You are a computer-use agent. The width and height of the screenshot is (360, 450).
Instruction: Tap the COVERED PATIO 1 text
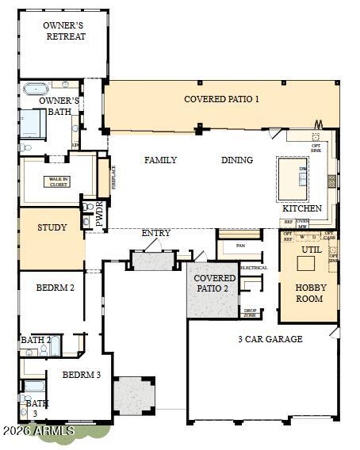(x=221, y=99)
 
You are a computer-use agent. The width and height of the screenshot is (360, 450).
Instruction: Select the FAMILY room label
(x=160, y=160)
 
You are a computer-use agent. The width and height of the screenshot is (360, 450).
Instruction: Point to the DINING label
(x=236, y=160)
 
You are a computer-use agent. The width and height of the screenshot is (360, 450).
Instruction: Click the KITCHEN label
(x=302, y=208)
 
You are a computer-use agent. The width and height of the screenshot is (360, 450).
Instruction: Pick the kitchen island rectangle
(x=292, y=181)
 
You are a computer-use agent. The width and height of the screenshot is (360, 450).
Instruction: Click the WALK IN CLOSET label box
(x=56, y=181)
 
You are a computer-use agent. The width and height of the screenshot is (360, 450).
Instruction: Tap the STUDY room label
(x=52, y=228)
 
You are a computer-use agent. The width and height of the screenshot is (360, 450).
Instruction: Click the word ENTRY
(x=155, y=233)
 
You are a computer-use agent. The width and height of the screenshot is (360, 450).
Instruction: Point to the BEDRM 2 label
(x=55, y=288)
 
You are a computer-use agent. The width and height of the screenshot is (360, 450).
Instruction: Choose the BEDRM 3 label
(x=81, y=375)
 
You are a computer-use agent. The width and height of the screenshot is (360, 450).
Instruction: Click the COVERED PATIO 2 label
(x=214, y=284)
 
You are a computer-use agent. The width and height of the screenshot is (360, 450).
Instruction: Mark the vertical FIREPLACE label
(x=113, y=175)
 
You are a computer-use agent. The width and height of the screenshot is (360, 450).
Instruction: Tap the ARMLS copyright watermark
(x=37, y=431)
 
